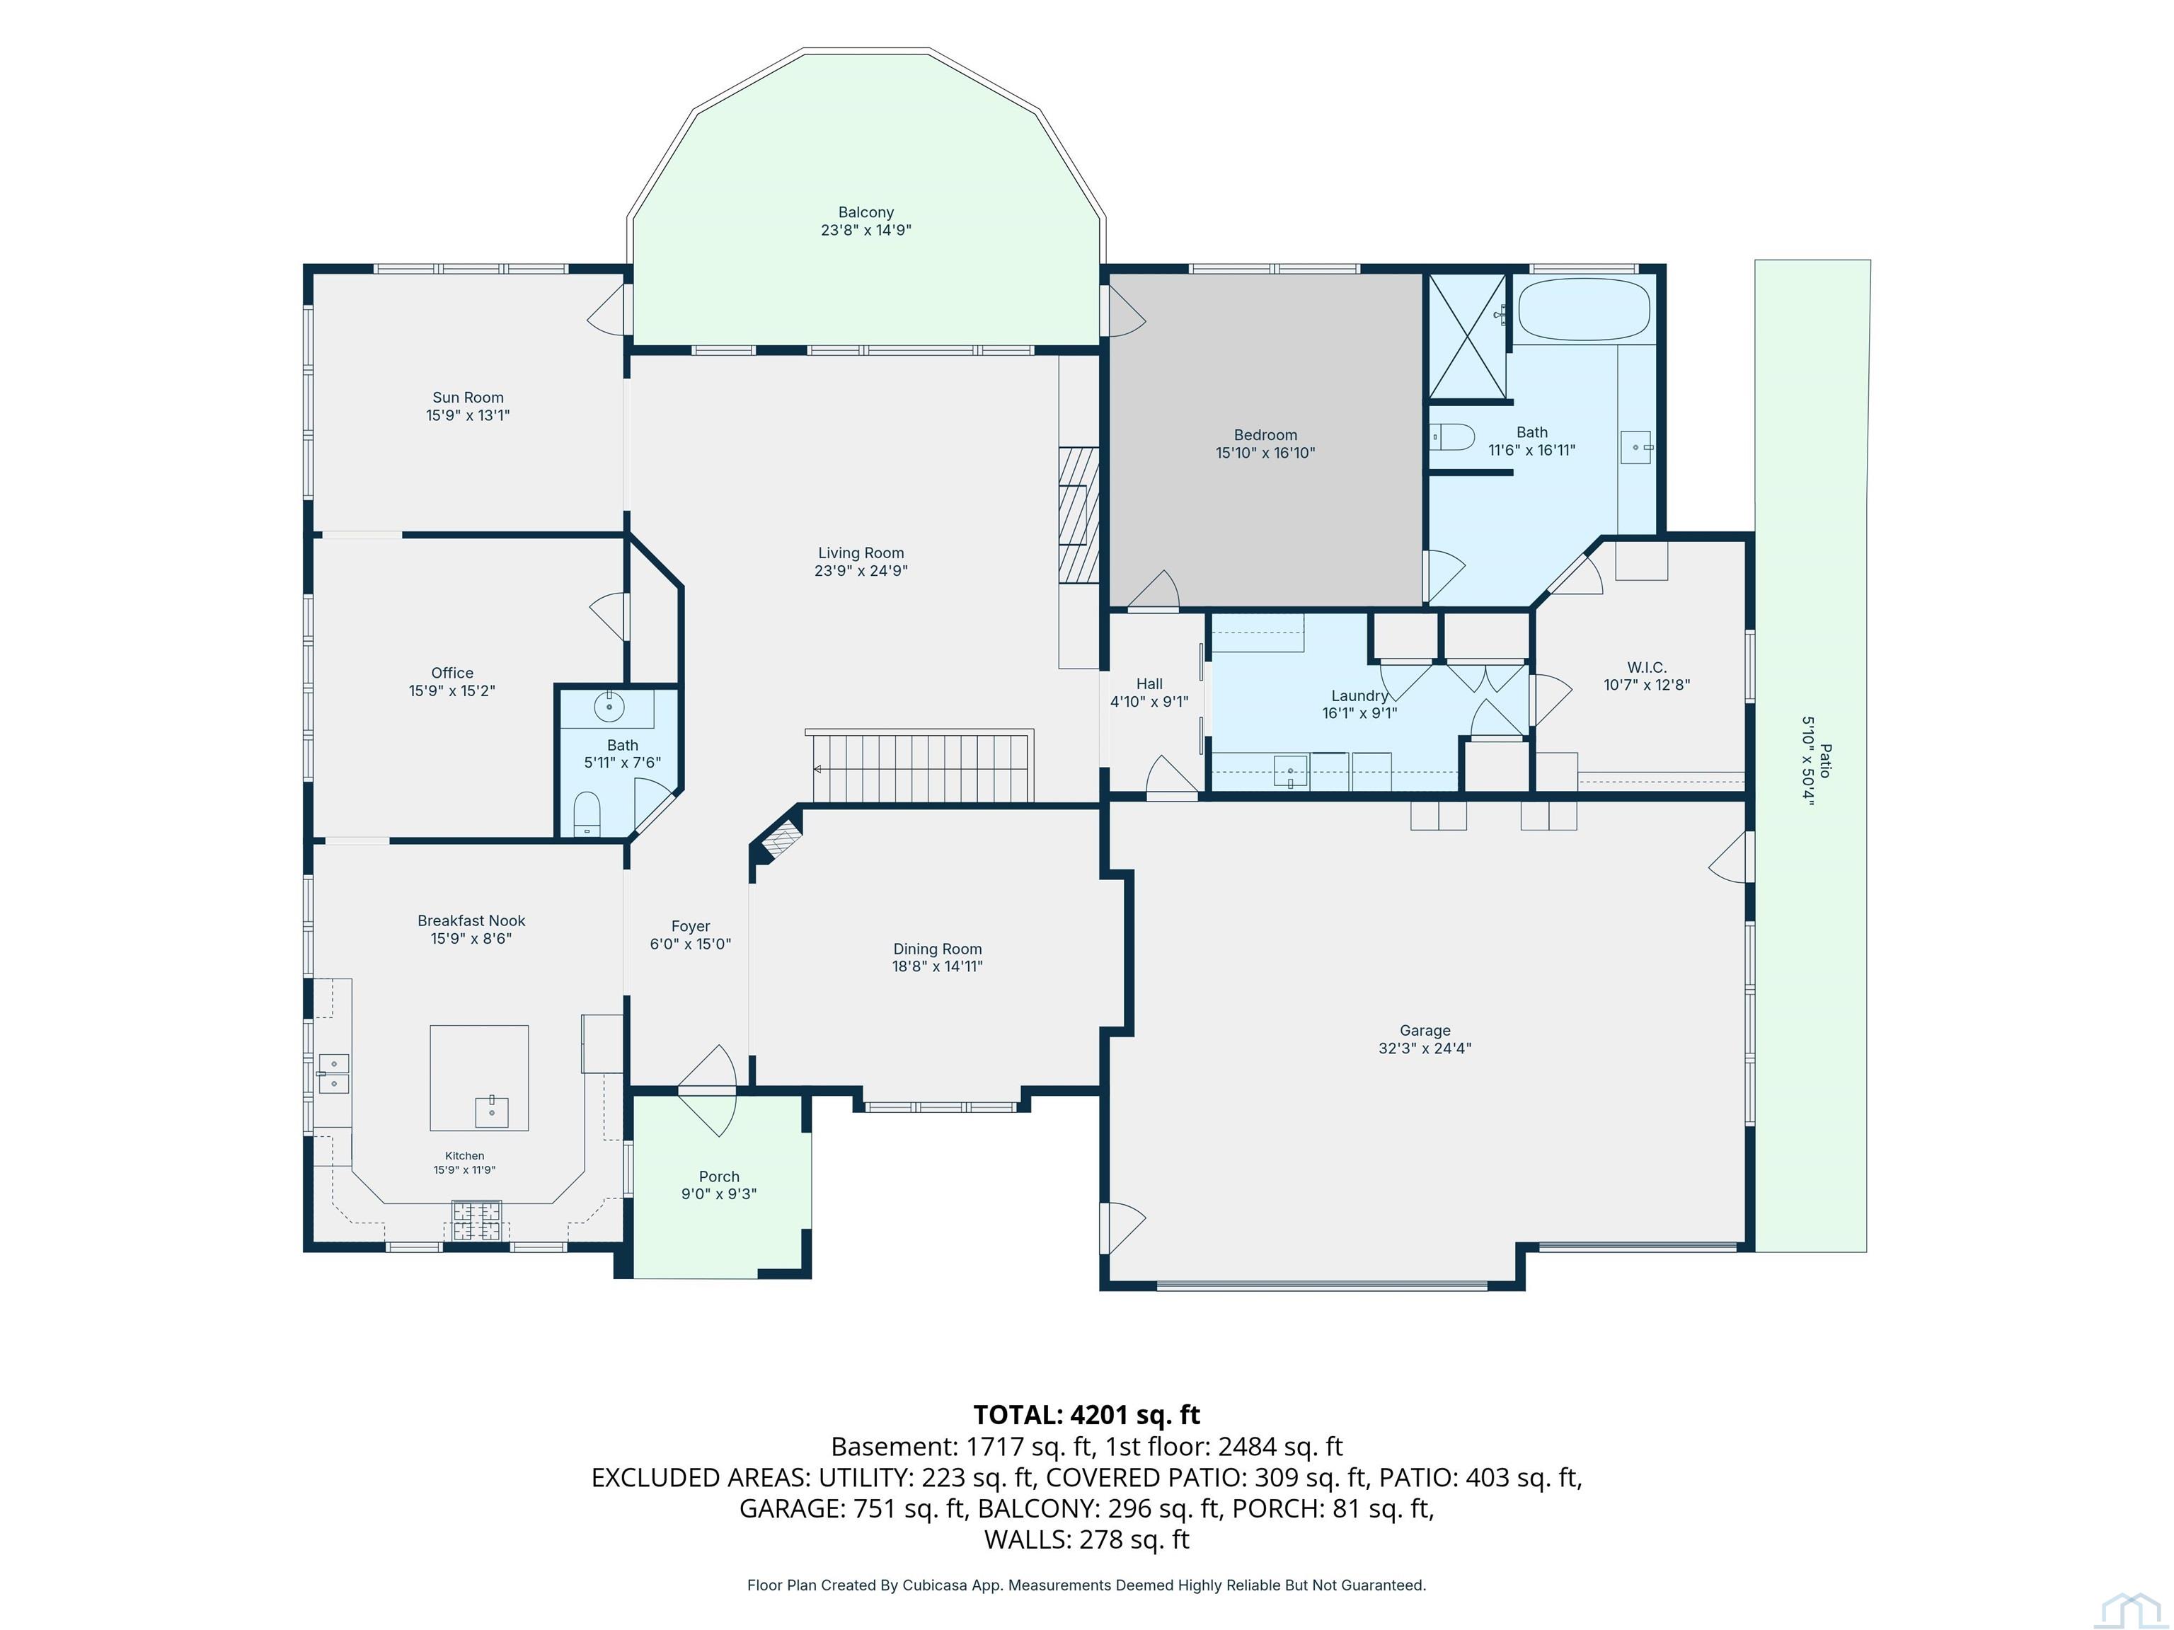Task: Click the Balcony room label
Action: click(866, 212)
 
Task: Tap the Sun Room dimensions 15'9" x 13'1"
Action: click(468, 415)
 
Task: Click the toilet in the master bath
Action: click(1451, 437)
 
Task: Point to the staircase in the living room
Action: click(920, 766)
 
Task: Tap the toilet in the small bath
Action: click(587, 814)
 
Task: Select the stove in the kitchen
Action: click(477, 1220)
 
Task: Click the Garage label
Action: click(1425, 1031)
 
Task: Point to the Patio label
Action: click(1825, 761)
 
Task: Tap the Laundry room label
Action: click(1359, 695)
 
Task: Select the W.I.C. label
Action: click(1647, 668)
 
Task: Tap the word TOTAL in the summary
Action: click(1017, 1415)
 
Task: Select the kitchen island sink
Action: click(491, 1111)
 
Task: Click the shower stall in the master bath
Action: click(1466, 337)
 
